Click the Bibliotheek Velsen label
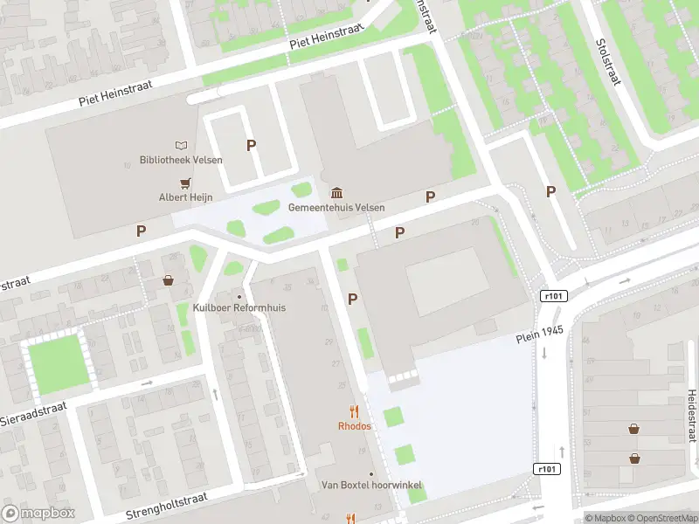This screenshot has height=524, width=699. coord(181,160)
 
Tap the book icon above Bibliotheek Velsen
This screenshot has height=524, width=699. coord(181,145)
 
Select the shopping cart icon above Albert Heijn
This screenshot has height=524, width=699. coord(185,183)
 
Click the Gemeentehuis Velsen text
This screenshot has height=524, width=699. coord(336,208)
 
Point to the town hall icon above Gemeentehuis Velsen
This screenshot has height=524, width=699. coord(336,193)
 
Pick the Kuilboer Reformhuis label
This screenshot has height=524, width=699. coord(239,308)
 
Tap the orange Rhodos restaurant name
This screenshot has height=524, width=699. coord(354,426)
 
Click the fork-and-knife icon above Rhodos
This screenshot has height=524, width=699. coord(354,410)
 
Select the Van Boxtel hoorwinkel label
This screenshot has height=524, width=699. coord(371,485)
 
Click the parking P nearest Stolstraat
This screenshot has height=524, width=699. coord(550,191)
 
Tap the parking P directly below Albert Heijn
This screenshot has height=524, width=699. coord(141,231)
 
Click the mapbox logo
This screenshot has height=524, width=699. coord(38,514)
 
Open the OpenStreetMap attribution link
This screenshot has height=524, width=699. coord(661,518)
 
